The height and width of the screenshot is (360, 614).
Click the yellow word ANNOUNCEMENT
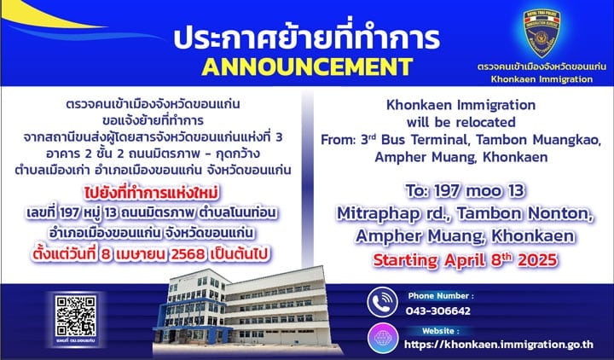(307, 67)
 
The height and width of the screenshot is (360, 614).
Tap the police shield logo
(542, 33)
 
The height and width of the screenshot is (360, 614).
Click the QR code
(76, 316)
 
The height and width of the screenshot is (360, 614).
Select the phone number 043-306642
(438, 311)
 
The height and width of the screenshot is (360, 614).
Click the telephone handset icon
(382, 302)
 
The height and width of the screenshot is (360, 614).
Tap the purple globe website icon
(383, 338)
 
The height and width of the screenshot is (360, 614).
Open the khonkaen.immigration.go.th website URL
(499, 345)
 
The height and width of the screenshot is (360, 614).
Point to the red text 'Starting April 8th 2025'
(466, 260)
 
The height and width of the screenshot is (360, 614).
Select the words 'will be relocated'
(460, 122)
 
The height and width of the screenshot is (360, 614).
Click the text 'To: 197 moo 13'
(465, 191)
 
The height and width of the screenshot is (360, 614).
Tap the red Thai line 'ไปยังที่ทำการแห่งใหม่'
(151, 193)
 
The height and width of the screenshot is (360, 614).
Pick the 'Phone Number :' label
(441, 296)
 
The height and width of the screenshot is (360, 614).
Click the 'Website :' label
(441, 331)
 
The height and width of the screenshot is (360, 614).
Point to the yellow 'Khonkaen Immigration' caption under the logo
(542, 79)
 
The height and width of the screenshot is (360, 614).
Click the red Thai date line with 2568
(151, 254)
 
